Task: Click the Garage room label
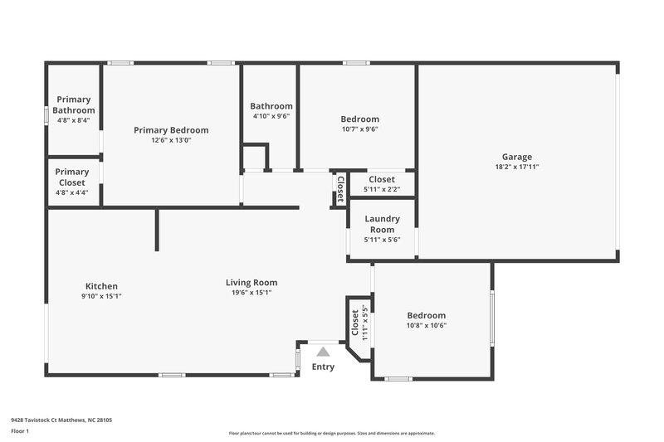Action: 516,157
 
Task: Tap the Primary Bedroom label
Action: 171,130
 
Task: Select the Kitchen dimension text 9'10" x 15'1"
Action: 101,296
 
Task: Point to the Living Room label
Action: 251,282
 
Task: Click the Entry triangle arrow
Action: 323,352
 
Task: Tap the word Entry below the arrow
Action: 323,367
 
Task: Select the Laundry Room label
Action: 382,224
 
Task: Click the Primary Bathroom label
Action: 73,104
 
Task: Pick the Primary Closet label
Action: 73,177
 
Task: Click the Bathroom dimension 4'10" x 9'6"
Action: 271,116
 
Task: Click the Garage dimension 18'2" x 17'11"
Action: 516,167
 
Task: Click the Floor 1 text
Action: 20,432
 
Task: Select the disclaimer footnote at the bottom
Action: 331,433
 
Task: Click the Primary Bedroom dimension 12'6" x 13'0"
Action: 171,140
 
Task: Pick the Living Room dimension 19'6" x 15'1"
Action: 251,292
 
